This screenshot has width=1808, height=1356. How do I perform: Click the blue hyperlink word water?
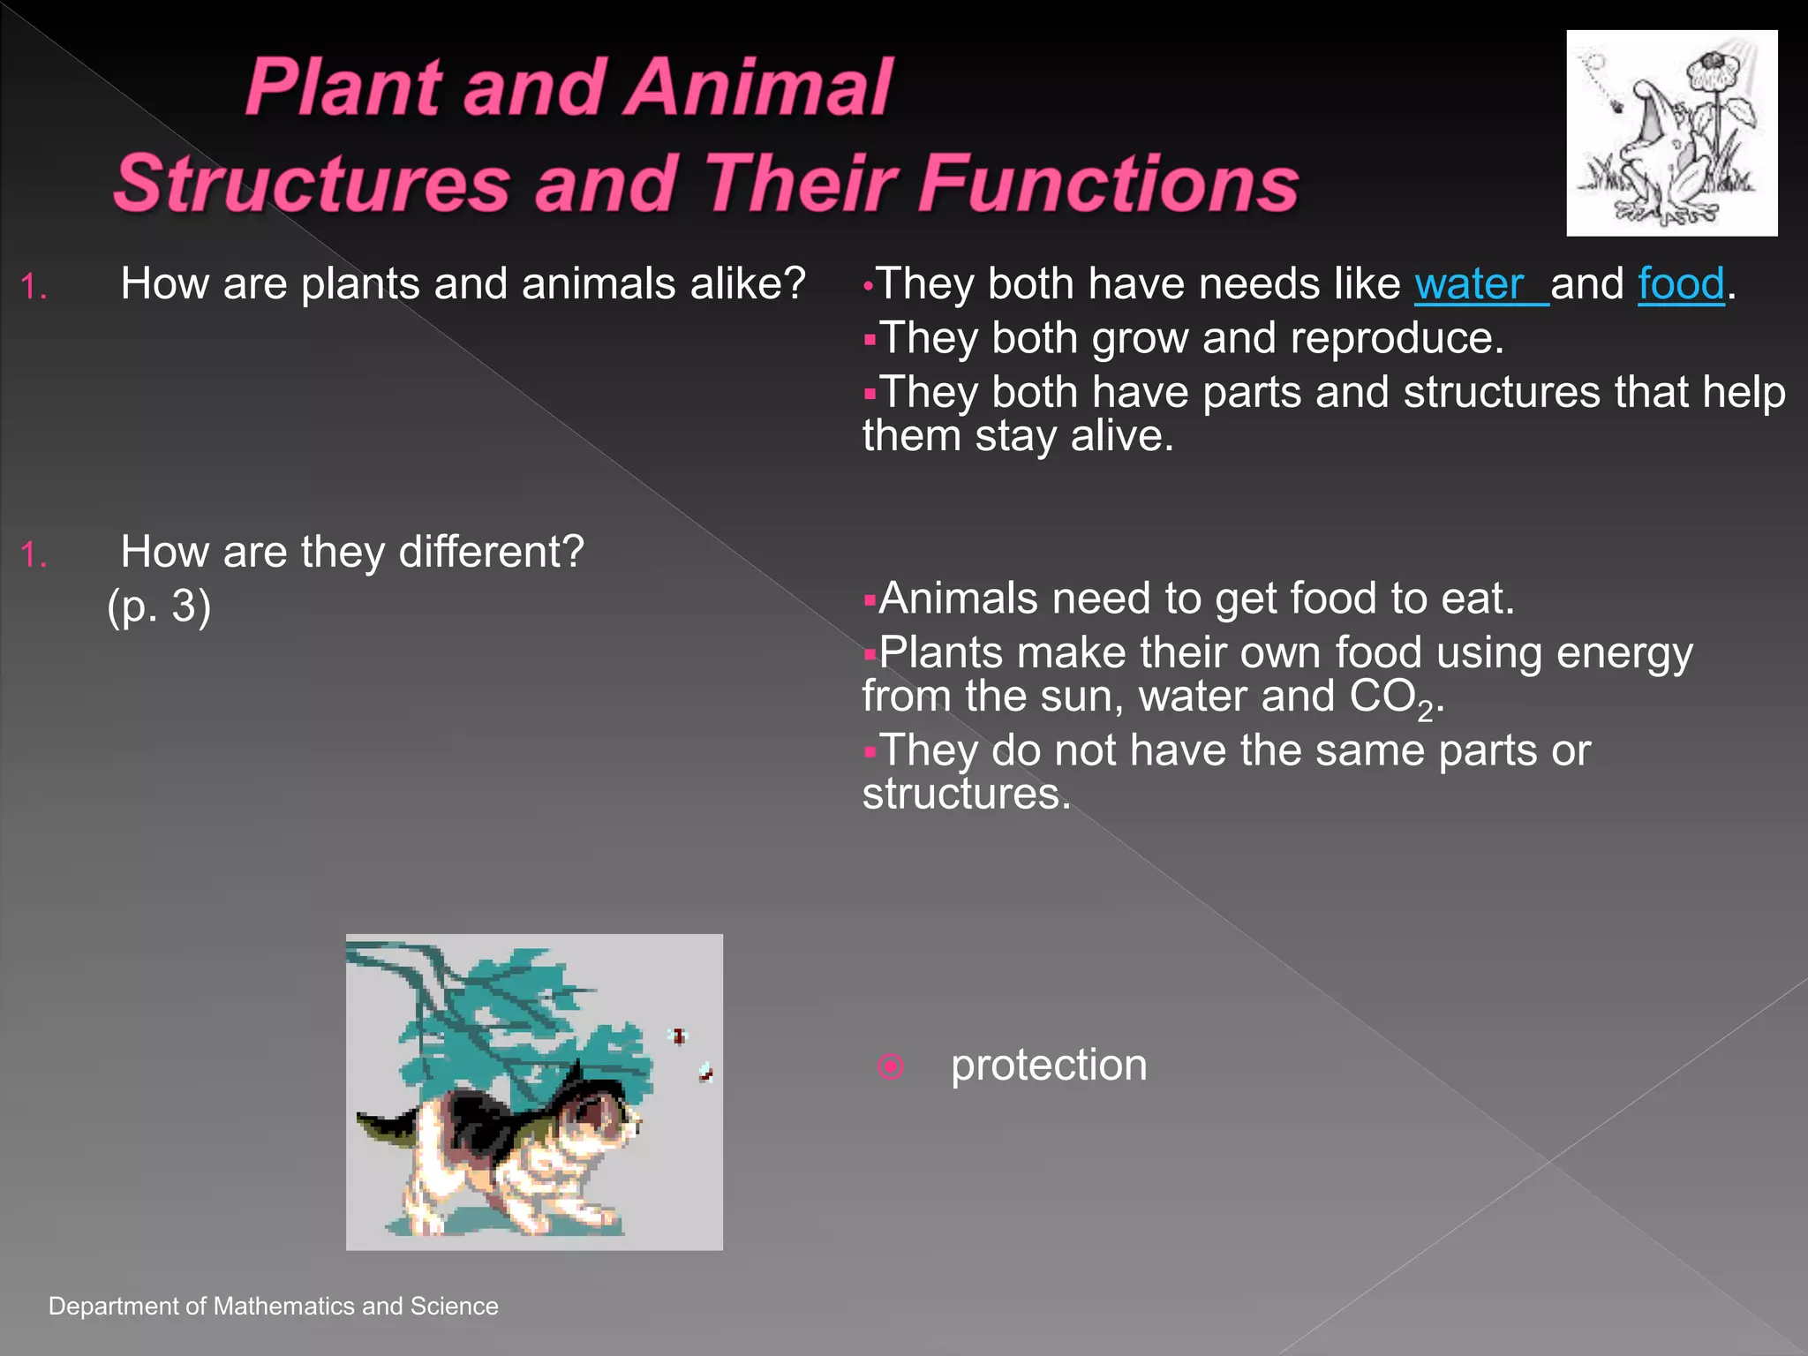click(1470, 284)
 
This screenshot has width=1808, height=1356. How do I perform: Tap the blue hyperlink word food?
click(1681, 284)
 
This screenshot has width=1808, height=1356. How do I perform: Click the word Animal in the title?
click(760, 87)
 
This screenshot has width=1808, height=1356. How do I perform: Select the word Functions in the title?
click(1108, 184)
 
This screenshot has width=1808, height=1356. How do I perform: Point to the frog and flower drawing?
click(1671, 133)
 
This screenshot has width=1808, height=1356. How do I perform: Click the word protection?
click(1049, 1065)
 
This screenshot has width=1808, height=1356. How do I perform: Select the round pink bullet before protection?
click(891, 1066)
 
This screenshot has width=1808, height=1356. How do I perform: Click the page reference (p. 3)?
click(159, 606)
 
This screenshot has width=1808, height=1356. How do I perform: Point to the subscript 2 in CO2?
click(1425, 710)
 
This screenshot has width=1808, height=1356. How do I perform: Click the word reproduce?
click(1397, 338)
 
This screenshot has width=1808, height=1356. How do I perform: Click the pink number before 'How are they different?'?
click(33, 554)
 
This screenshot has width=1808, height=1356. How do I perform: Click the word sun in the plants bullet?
click(1081, 697)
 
